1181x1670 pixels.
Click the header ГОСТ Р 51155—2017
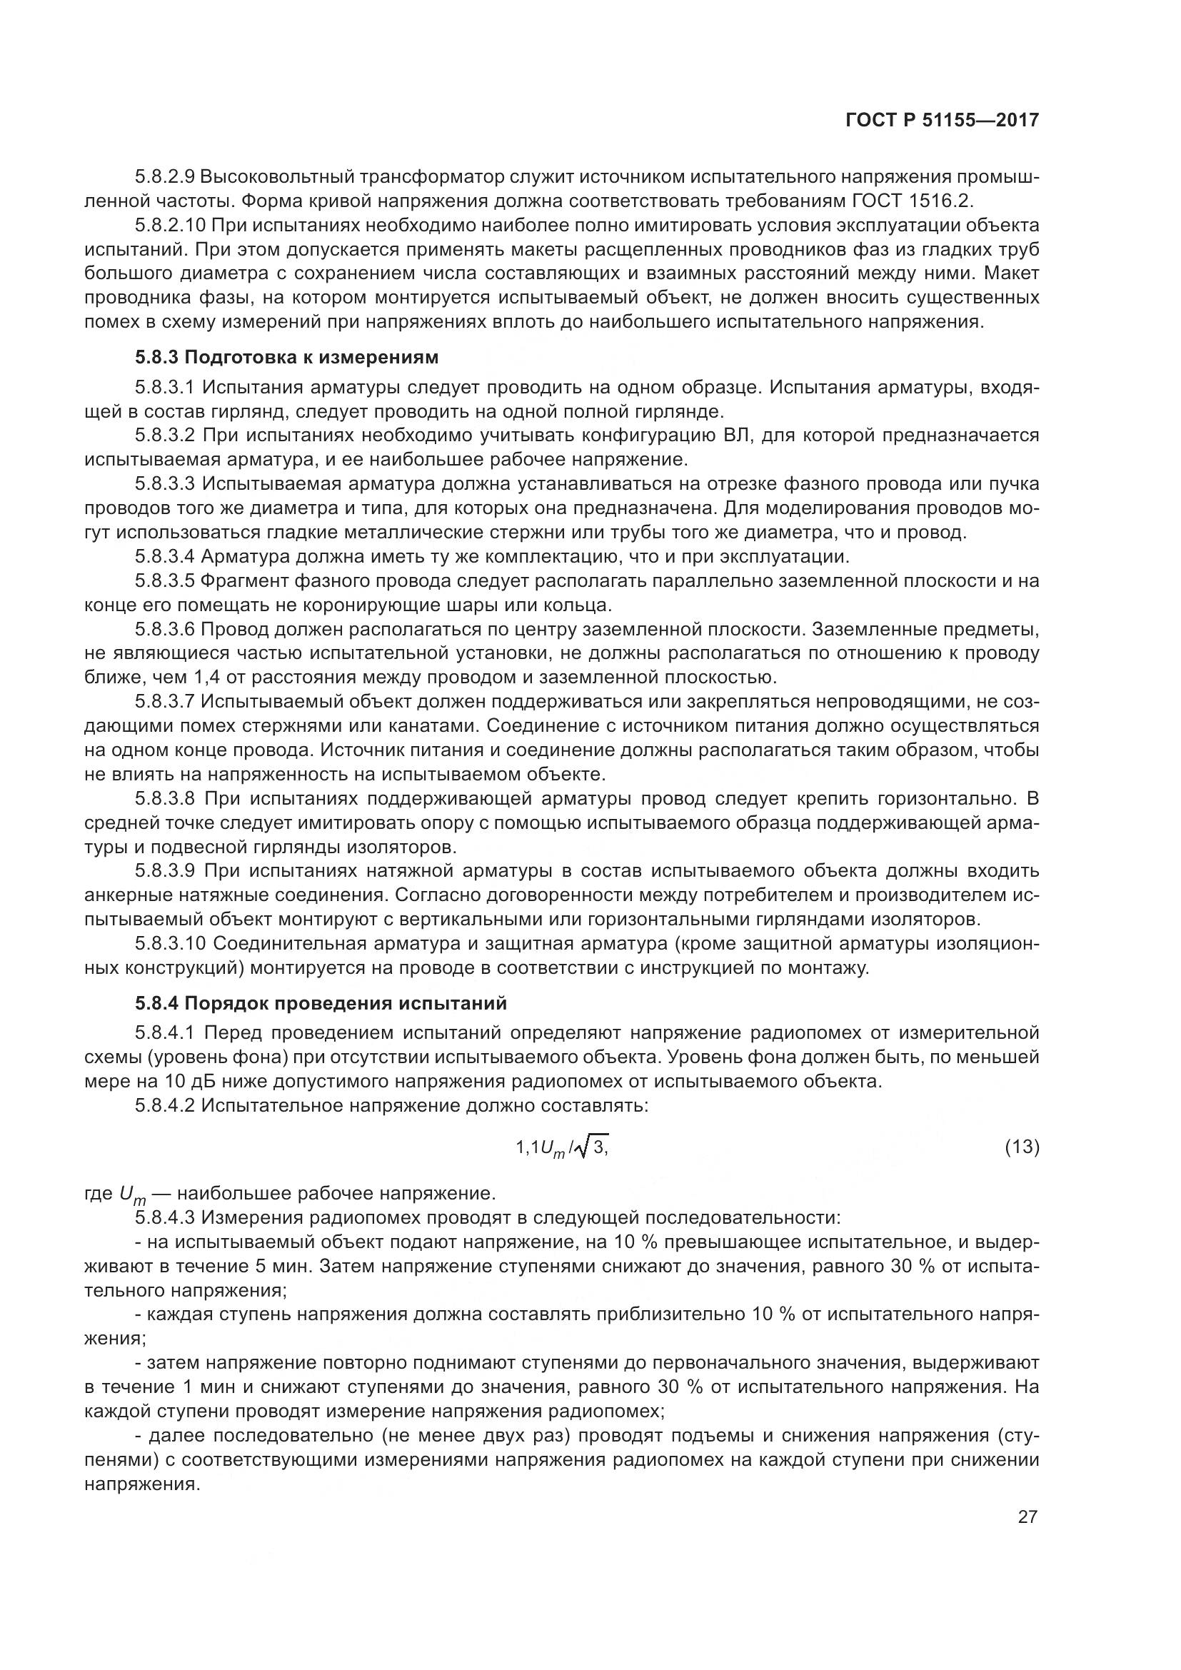pyautogui.click(x=942, y=120)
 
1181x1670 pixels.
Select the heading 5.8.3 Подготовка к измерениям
pyautogui.click(x=286, y=357)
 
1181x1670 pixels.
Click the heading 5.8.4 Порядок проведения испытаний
pyautogui.click(x=320, y=1003)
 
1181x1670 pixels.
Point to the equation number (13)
pyautogui.click(x=1021, y=1147)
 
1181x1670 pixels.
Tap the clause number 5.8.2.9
pyautogui.click(x=165, y=177)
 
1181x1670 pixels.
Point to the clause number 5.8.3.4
pyautogui.click(x=165, y=557)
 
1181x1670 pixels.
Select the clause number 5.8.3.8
pyautogui.click(x=165, y=799)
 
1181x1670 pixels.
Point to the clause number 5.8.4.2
pyautogui.click(x=165, y=1105)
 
